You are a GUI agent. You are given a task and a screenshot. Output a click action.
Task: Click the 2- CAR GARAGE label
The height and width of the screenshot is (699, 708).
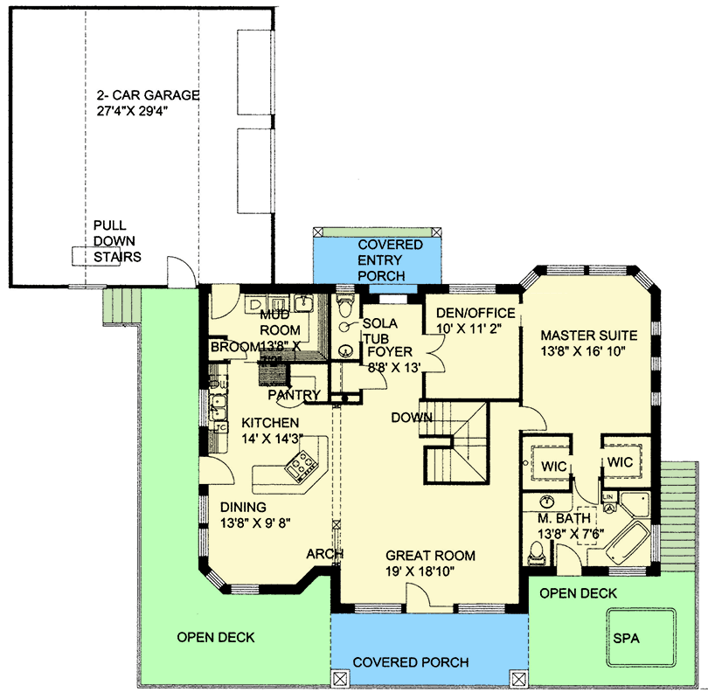(148, 94)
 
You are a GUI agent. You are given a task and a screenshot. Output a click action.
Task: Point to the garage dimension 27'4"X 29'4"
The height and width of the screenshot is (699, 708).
(148, 111)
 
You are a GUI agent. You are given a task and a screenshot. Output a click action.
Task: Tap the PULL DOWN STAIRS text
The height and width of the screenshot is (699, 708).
(117, 241)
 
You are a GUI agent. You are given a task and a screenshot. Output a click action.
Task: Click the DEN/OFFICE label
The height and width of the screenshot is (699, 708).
(475, 314)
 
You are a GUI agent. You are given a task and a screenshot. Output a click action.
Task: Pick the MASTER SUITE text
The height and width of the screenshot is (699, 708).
(588, 335)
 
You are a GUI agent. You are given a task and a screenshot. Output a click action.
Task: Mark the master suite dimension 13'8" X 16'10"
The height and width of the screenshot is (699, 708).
(588, 351)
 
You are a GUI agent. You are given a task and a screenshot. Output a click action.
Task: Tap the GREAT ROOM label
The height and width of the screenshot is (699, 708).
(431, 556)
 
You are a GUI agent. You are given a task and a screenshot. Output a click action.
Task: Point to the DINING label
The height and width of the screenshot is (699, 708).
(243, 507)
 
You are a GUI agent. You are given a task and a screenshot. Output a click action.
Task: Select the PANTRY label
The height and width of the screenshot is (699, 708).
(294, 395)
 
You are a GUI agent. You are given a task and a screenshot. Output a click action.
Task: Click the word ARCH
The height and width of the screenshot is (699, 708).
(323, 554)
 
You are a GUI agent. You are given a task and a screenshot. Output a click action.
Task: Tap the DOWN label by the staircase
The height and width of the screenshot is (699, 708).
(412, 418)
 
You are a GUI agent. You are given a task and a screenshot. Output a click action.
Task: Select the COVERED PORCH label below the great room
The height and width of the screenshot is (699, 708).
(411, 662)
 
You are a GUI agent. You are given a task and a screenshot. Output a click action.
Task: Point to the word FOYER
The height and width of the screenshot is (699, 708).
(389, 352)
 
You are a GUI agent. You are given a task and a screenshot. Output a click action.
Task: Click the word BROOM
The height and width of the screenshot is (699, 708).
(233, 347)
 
